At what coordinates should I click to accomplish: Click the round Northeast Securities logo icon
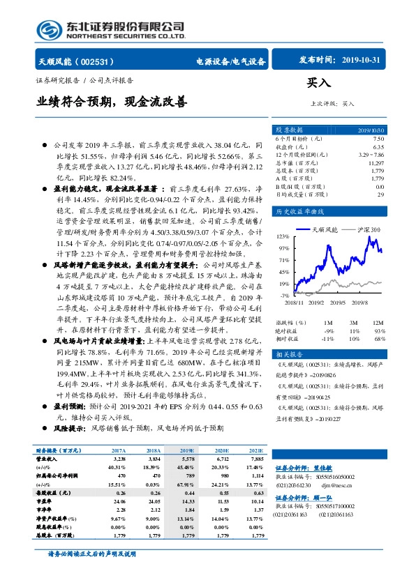pyautogui.click(x=48, y=29)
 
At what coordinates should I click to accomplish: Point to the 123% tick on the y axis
pyautogui.click(x=283, y=237)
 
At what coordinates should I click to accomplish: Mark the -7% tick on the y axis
pyautogui.click(x=285, y=296)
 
